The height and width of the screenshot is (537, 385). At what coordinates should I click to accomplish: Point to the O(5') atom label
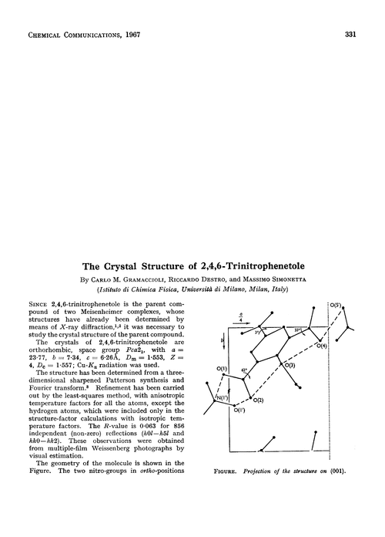[x=336, y=305]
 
